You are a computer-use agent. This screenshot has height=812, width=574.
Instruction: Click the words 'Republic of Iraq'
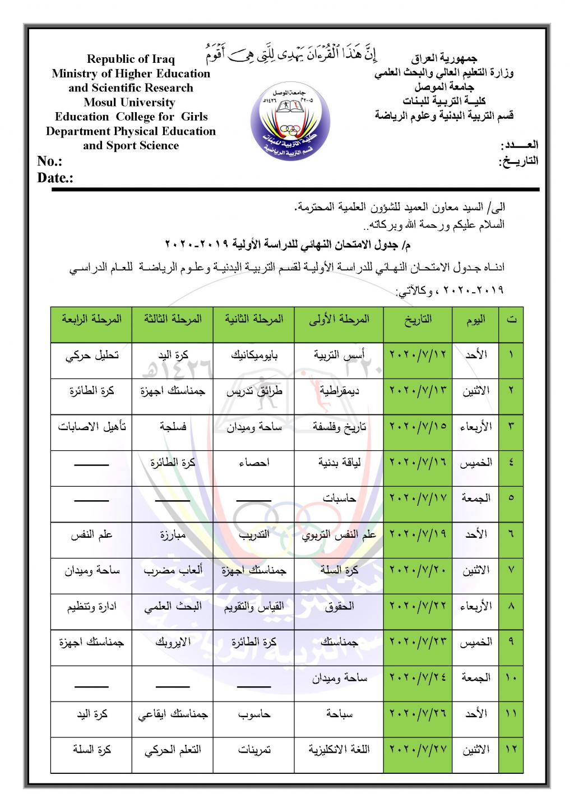pos(131,59)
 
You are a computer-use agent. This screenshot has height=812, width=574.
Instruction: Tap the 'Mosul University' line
pos(129,103)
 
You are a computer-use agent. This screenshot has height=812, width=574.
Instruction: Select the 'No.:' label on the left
pos(49,162)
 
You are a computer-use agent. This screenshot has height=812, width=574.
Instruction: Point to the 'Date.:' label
pos(55,178)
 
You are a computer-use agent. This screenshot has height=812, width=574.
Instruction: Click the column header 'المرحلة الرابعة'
pos(91,319)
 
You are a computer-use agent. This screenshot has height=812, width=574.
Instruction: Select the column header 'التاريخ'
pos(418,319)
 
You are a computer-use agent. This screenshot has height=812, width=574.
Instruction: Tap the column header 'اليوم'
pos(476,319)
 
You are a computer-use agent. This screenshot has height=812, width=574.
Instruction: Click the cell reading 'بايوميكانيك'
pos(254,355)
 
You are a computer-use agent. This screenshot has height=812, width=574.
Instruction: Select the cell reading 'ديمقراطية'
pos(340,390)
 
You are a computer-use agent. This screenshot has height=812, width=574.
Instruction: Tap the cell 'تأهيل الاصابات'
pos(91,426)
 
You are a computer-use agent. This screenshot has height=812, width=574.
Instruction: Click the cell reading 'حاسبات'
pos(340,497)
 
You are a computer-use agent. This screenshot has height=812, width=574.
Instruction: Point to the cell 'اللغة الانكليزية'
pos(340,749)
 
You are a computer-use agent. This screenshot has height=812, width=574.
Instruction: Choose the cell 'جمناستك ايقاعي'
pos(173,714)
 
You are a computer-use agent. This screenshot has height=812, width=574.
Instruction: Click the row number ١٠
pos(511,678)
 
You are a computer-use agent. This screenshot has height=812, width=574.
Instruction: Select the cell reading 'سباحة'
pos(340,714)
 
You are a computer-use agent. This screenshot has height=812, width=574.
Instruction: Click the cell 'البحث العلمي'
pos(173,606)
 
